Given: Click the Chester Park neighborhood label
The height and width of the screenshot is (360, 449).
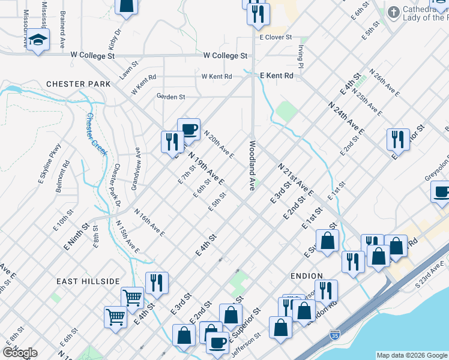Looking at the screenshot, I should (x=79, y=84).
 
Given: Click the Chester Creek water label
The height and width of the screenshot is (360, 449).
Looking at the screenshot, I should (x=96, y=134).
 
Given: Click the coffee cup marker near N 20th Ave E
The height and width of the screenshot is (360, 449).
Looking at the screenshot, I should (x=189, y=129).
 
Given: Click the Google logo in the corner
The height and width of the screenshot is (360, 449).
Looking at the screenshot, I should (x=19, y=352).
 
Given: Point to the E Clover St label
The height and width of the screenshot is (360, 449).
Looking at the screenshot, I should (x=275, y=37).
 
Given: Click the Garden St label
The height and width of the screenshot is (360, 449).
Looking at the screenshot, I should (x=170, y=97).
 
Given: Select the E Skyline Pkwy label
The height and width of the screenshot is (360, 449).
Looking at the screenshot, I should (x=50, y=161).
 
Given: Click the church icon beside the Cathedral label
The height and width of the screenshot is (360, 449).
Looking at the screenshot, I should (x=393, y=12).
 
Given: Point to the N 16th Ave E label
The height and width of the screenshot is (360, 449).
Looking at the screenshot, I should (x=149, y=222).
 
